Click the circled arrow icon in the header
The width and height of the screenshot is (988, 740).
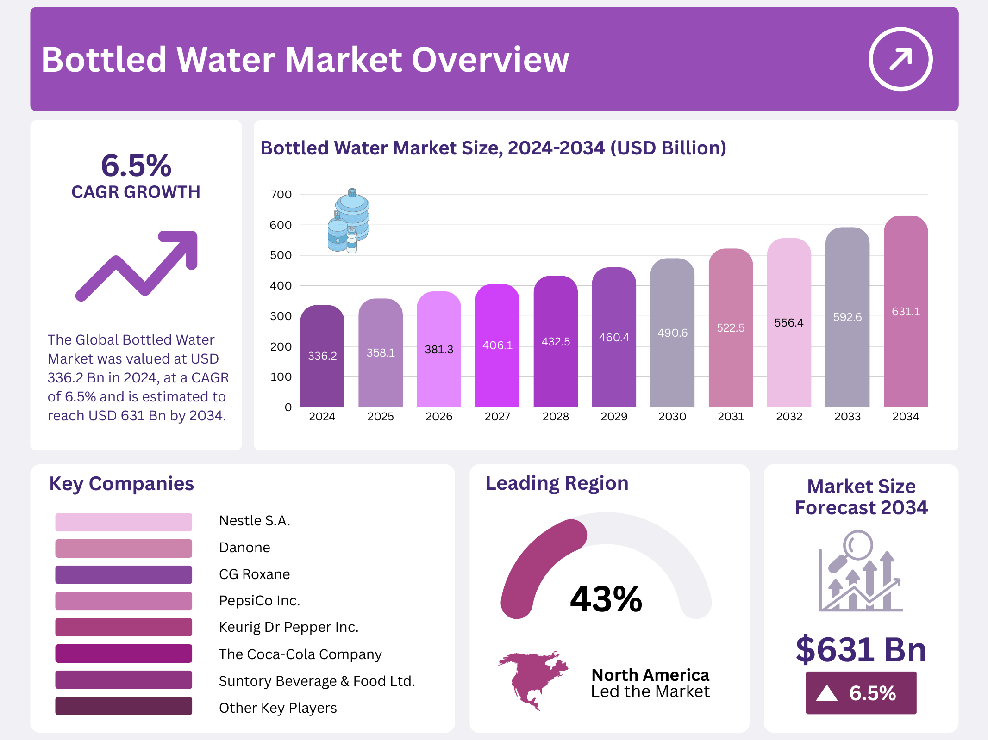coord(900,59)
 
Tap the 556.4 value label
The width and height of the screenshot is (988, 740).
coord(789,323)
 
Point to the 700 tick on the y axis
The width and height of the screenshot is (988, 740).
coord(281,195)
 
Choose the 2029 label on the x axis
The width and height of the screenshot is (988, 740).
coord(614,417)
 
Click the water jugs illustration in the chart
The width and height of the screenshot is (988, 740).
coord(349,221)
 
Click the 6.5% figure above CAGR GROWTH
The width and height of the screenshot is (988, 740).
coord(136,166)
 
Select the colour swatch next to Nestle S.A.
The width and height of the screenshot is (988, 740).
coord(124,522)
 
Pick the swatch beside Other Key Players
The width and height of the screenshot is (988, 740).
coord(124,706)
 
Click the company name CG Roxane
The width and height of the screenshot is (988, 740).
coord(254,574)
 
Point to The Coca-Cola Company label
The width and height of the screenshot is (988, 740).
coord(300,654)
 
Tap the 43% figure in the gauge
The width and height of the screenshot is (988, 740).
coord(606,599)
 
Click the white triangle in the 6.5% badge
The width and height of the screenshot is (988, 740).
coord(827,693)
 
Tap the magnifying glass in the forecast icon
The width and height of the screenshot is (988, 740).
coord(857,546)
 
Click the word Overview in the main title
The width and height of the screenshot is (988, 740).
coord(490,60)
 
